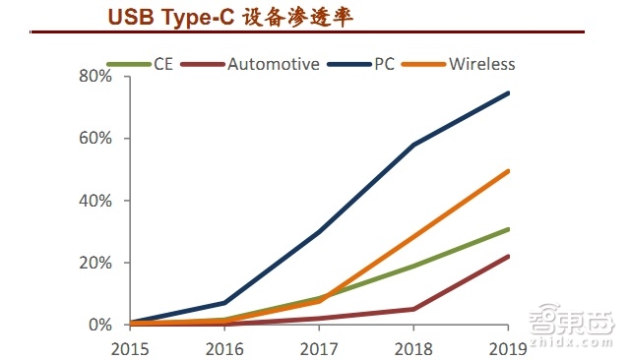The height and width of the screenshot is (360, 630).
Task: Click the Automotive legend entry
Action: [273, 65]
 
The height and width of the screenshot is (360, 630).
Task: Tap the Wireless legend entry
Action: [481, 65]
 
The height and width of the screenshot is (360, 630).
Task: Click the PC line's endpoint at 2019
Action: [509, 93]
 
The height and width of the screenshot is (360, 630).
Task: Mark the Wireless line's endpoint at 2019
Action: [509, 171]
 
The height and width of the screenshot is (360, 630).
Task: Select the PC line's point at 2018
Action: [414, 145]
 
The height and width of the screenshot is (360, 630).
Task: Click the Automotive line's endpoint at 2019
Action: [509, 257]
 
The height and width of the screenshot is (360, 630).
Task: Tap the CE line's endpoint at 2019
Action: [509, 229]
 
